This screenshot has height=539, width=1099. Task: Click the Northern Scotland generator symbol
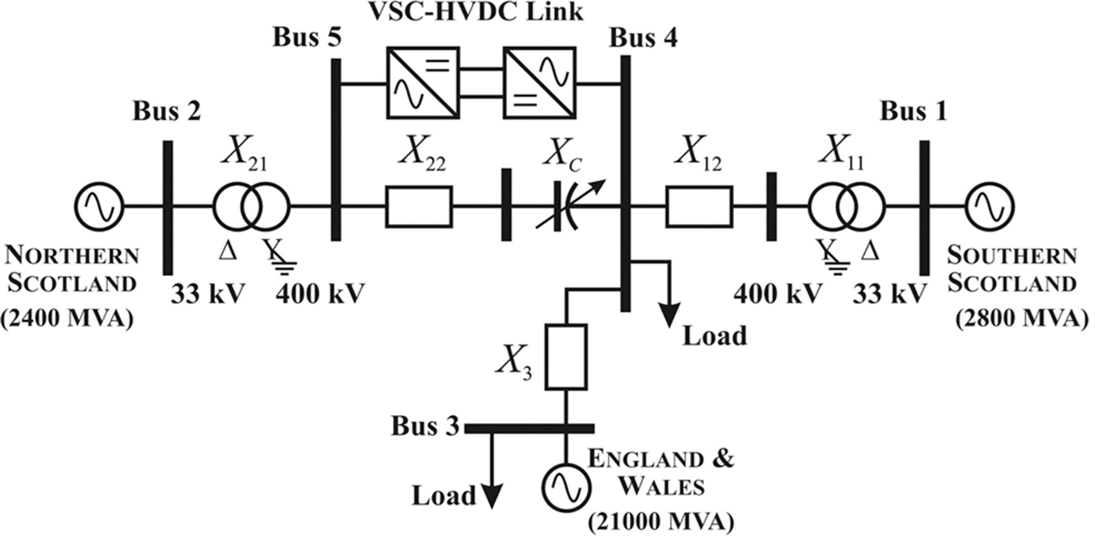tap(99, 207)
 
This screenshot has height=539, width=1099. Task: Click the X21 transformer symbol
tap(251, 207)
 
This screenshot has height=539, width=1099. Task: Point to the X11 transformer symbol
tap(846, 207)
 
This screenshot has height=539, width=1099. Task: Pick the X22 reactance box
tap(419, 207)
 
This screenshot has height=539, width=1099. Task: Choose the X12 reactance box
tap(699, 207)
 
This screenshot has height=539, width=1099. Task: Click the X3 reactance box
tap(566, 356)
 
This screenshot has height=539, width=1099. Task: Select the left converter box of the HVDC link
tap(423, 83)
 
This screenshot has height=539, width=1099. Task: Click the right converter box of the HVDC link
tap(540, 83)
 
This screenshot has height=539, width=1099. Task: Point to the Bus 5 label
tap(307, 38)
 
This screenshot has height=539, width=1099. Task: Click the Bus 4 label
tap(643, 38)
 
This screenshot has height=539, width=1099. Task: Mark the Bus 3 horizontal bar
tap(529, 428)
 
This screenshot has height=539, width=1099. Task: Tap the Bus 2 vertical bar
tap(168, 207)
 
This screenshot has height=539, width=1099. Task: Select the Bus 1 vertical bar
tap(924, 207)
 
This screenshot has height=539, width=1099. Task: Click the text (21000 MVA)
tap(661, 521)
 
